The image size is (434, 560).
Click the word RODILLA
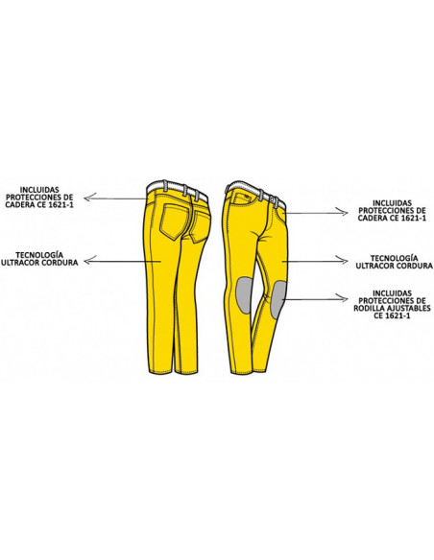[368, 308]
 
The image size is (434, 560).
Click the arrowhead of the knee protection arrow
[344, 299]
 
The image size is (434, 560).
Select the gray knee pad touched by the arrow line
[278, 299]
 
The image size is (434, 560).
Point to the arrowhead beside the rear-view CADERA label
[88, 197]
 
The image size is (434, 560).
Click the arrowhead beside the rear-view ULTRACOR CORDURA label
[88, 261]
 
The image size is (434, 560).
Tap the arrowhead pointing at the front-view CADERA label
[344, 213]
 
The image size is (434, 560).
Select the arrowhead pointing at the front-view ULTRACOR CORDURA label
[344, 261]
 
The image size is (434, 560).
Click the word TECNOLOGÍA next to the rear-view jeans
[39, 255]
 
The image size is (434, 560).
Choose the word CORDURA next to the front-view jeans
[415, 266]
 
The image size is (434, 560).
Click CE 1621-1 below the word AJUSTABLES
[392, 316]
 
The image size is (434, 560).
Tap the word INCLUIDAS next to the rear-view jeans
[39, 190]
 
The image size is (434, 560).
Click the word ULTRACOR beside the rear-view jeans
[20, 263]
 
